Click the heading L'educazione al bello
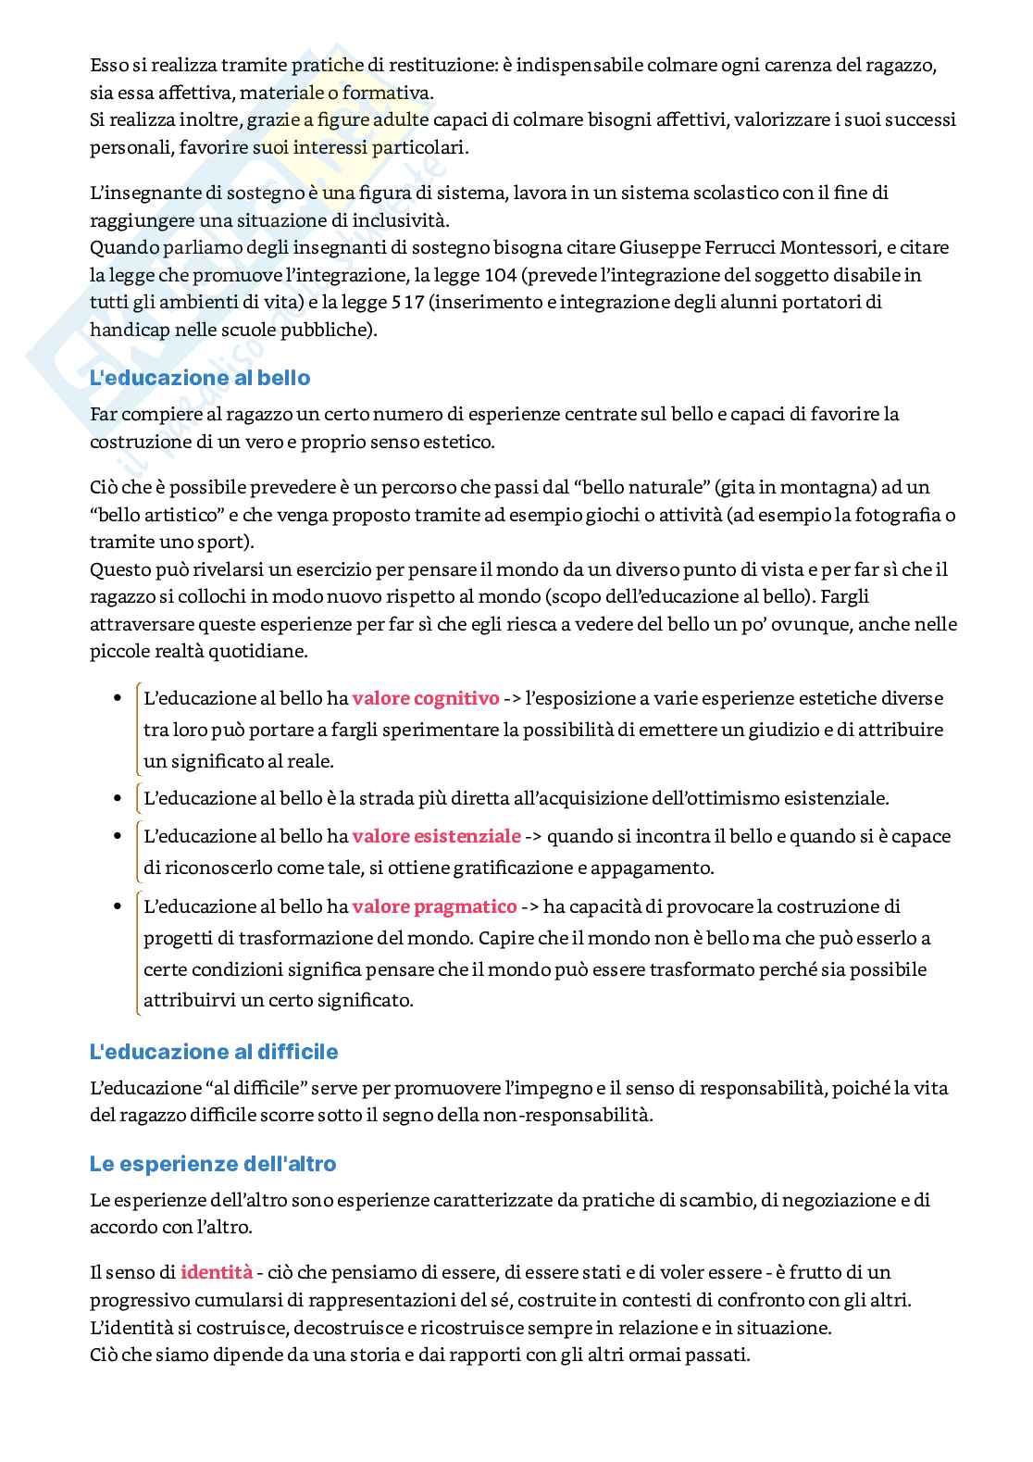click(x=200, y=378)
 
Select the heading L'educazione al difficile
click(x=214, y=1052)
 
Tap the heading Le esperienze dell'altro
click(x=213, y=1164)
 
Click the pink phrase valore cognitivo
click(x=426, y=698)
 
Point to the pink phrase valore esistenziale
click(x=436, y=836)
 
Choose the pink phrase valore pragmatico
click(x=434, y=906)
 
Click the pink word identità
click(x=217, y=1272)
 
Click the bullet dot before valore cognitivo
click(x=117, y=699)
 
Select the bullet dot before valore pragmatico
click(x=117, y=907)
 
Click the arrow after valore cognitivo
click(x=512, y=699)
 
